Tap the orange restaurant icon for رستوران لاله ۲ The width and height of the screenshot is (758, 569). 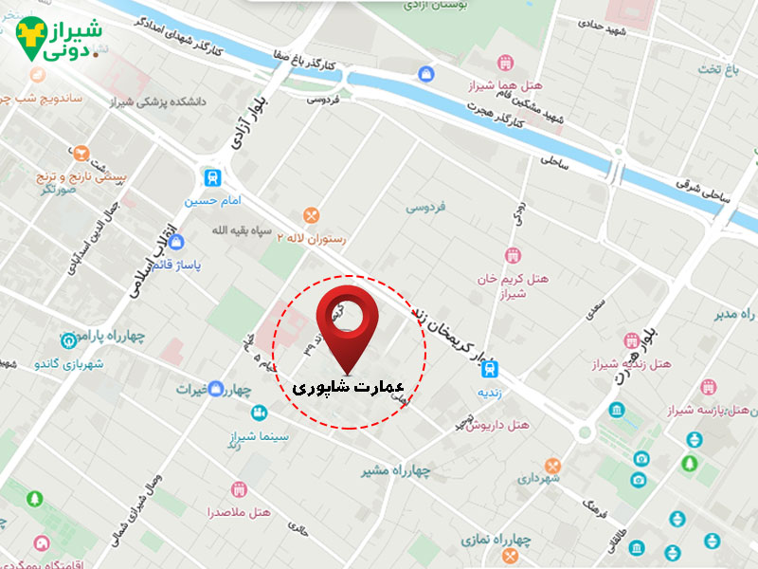click(x=311, y=216)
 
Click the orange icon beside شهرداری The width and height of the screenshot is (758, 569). click(x=552, y=466)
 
